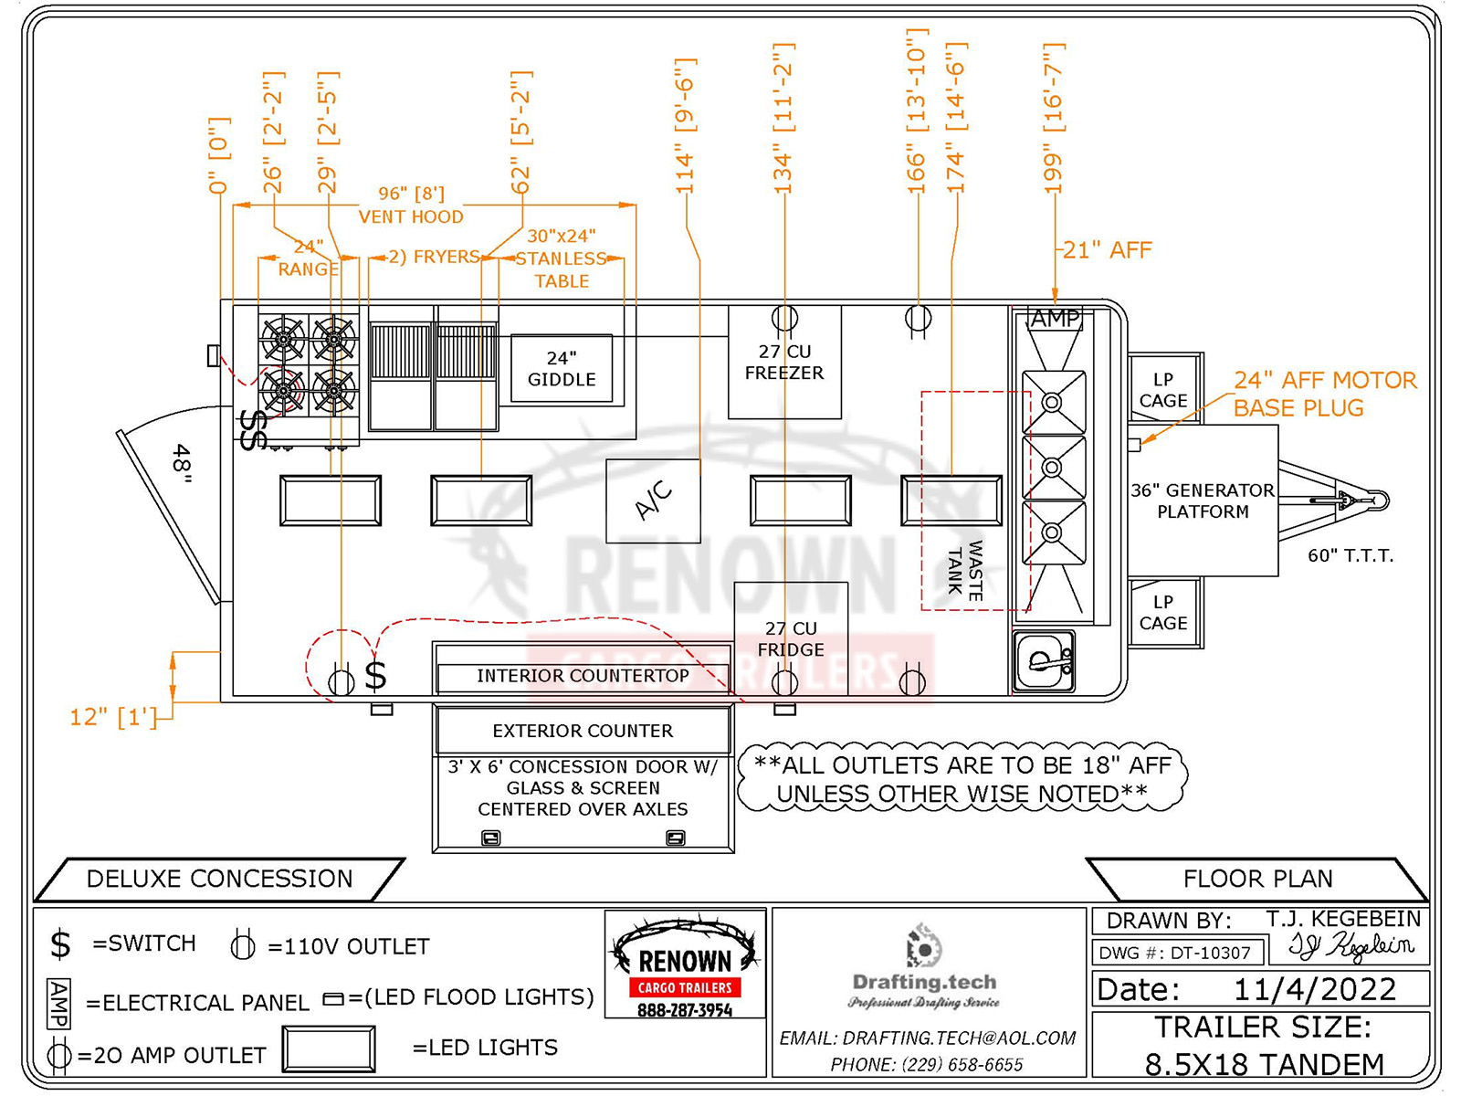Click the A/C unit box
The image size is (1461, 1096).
(x=653, y=501)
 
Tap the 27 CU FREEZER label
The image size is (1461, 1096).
(x=783, y=363)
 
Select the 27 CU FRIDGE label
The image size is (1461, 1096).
(x=791, y=639)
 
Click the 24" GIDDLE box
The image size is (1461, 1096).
(x=561, y=369)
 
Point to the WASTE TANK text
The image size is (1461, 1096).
(x=965, y=568)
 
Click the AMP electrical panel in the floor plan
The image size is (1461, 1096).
(x=1055, y=319)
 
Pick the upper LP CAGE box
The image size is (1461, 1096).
(x=1162, y=390)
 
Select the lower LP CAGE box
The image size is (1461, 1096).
(x=1162, y=613)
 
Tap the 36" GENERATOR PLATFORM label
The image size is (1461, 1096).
(x=1203, y=501)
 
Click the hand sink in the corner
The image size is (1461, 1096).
(x=1044, y=661)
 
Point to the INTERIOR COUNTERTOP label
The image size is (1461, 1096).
(x=583, y=676)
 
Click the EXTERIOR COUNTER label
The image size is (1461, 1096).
(x=583, y=731)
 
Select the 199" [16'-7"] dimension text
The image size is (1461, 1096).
(x=1054, y=119)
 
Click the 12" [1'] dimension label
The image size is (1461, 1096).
(x=113, y=717)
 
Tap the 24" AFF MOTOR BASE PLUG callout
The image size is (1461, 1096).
(x=1324, y=394)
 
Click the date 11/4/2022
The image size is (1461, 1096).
(x=1314, y=989)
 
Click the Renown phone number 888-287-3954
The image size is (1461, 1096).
(x=685, y=1010)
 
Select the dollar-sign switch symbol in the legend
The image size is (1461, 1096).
(x=60, y=944)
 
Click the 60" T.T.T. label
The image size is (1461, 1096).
(x=1350, y=555)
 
